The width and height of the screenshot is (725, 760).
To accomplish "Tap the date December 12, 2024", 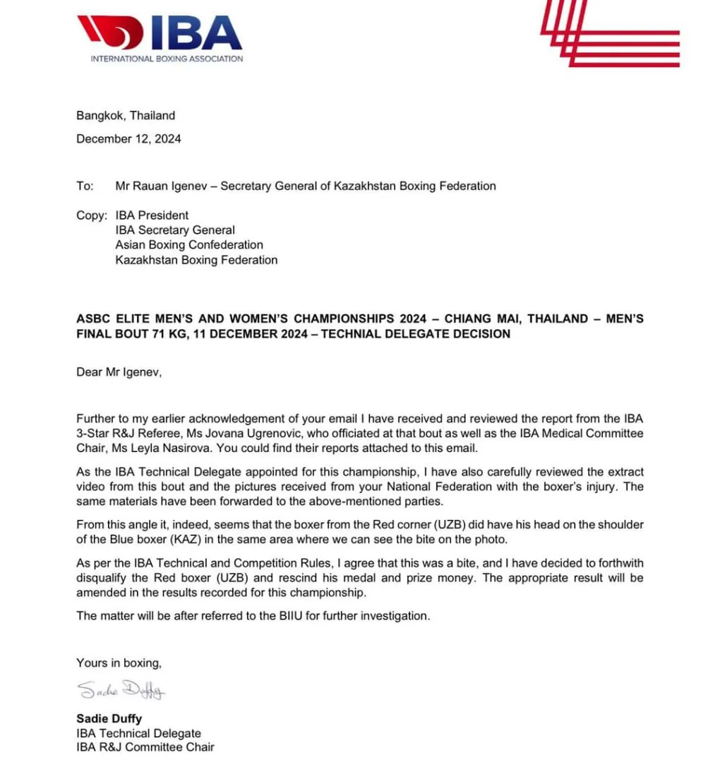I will [x=128, y=139].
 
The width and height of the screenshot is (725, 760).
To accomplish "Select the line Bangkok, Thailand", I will [x=126, y=116].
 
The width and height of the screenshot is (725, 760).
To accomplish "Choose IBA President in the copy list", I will [x=152, y=215].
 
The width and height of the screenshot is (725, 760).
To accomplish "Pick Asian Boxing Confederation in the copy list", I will [x=189, y=245].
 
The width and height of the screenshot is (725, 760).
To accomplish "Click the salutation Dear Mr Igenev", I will [x=119, y=372].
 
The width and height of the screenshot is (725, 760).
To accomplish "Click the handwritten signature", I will [x=121, y=689].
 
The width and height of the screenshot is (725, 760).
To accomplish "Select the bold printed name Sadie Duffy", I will [x=109, y=719].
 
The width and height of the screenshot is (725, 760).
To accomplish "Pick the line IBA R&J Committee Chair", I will [x=145, y=747].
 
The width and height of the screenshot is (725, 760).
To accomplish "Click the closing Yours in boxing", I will [x=119, y=663].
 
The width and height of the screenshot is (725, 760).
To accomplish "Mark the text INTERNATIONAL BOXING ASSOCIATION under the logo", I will [x=167, y=59].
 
